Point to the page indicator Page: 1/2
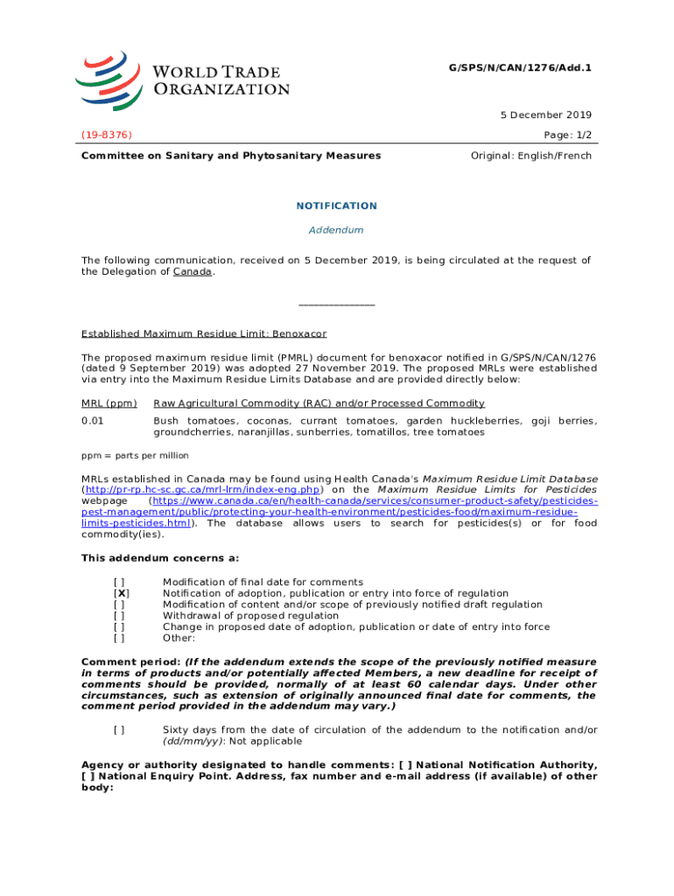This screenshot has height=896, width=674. tap(566, 136)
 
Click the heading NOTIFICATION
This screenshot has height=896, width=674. tap(336, 206)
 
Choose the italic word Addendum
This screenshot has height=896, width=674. tap(336, 230)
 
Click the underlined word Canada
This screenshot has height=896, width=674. tap(193, 272)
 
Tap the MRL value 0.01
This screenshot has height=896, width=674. tap(93, 422)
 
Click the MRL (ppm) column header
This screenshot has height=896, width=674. tap(109, 403)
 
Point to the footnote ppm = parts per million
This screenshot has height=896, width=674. tap(135, 456)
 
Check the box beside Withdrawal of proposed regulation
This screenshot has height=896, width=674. tap(119, 615)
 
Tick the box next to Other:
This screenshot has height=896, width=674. tap(119, 638)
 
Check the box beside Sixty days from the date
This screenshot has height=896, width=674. tap(119, 730)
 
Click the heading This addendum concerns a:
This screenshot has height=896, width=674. tap(160, 558)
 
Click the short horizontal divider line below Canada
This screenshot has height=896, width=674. tap(336, 304)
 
